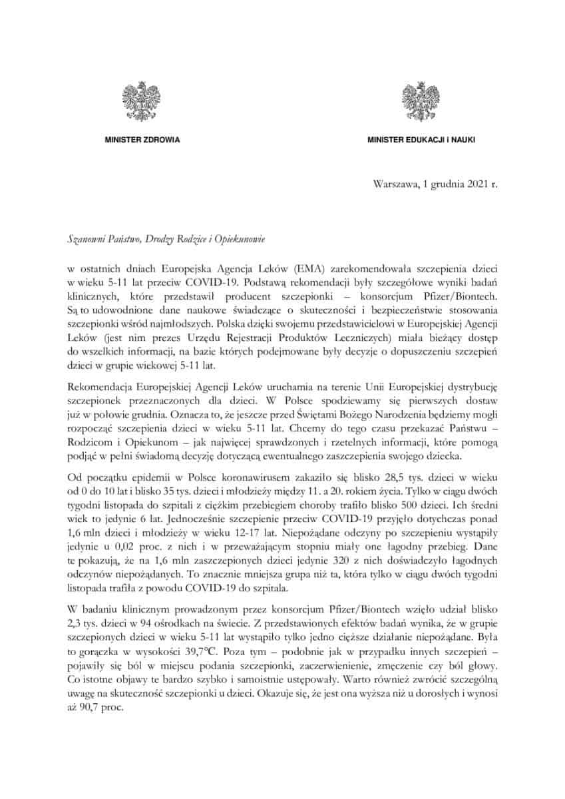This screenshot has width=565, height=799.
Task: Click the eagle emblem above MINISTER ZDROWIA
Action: (141, 101)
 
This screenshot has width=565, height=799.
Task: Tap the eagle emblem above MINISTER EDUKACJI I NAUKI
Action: (421, 101)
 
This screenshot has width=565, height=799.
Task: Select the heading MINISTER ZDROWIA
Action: (142, 140)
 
